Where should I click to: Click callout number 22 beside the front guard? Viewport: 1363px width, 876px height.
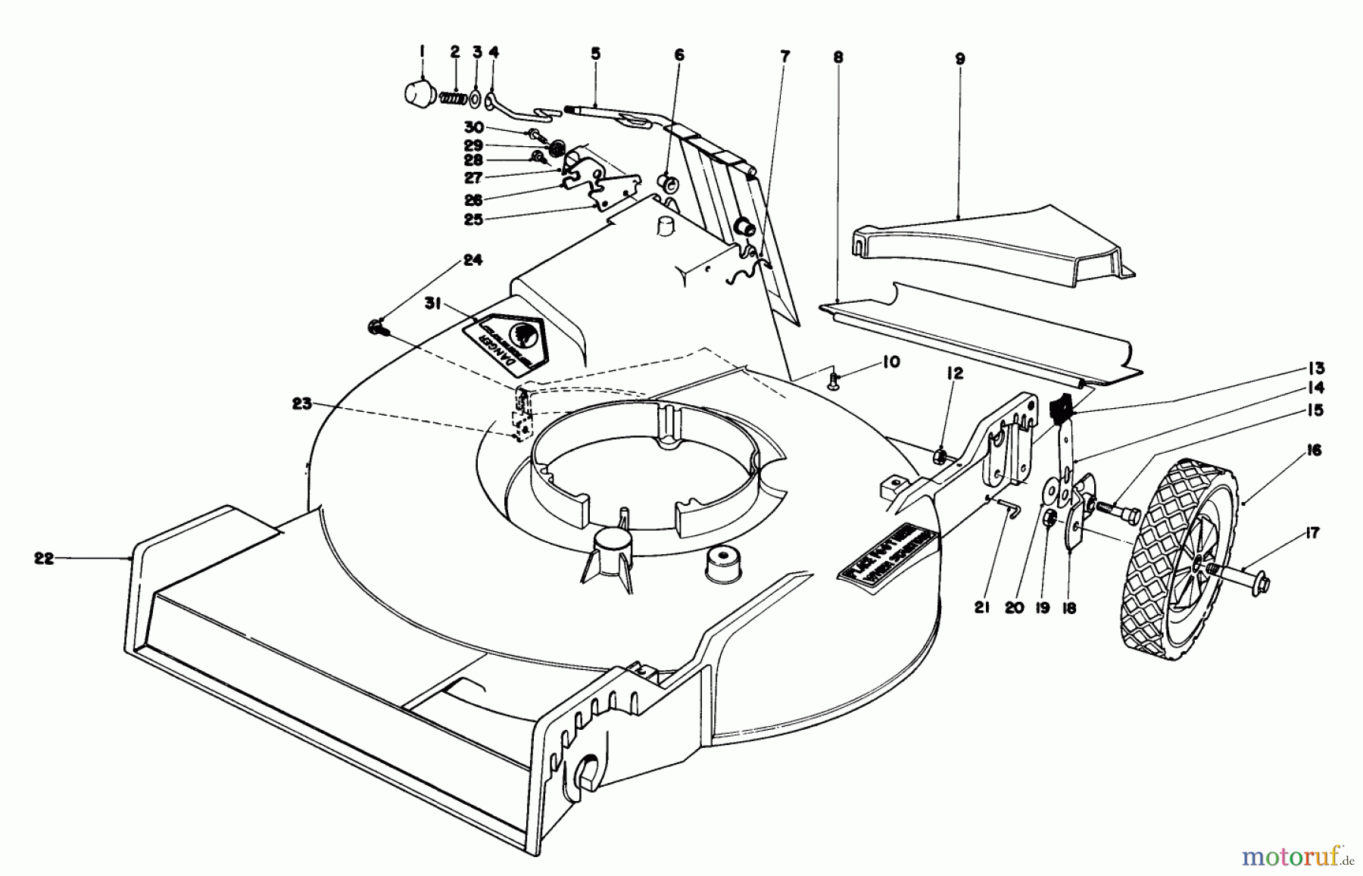[44, 559]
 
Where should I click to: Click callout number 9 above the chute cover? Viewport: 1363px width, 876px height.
[959, 58]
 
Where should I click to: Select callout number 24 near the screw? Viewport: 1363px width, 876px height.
[473, 260]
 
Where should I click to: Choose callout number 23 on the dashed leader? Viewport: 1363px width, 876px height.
[302, 404]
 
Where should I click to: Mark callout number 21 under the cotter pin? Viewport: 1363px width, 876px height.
[982, 607]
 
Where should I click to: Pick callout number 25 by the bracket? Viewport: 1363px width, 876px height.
[473, 220]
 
